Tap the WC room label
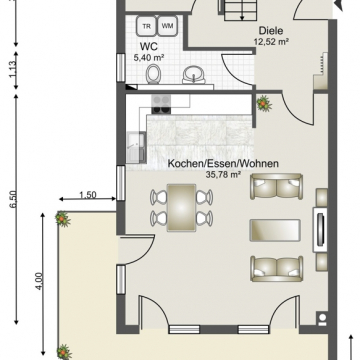tap(148, 46)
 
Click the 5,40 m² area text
tap(149, 59)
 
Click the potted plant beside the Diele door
tap(264, 102)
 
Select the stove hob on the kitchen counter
tap(162, 100)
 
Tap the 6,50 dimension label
tap(13, 199)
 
